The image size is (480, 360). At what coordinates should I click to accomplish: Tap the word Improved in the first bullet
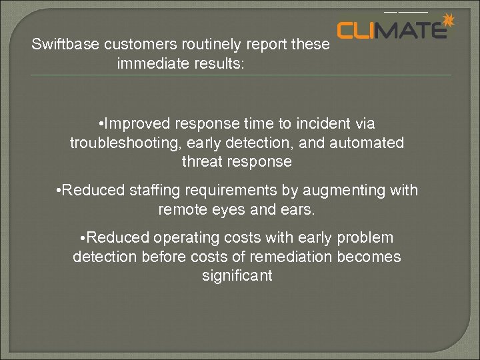(139, 124)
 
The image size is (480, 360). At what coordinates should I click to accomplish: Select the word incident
(321, 124)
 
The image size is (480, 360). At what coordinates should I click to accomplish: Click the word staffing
(156, 191)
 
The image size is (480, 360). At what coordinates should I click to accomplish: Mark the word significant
(237, 276)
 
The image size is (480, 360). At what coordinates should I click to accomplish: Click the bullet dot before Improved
(99, 125)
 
